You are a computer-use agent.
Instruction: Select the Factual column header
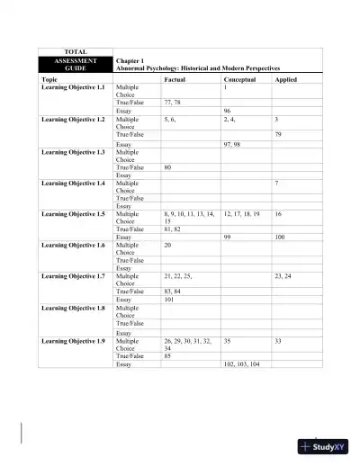[x=175, y=79]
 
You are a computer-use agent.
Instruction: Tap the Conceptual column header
[x=240, y=79]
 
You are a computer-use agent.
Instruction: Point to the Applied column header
[x=286, y=79]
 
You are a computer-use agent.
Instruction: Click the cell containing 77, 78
[x=173, y=103]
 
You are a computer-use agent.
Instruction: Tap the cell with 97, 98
[x=232, y=143]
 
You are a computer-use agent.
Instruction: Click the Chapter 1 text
[x=130, y=60]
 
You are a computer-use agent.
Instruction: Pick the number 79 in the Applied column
[x=279, y=134]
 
